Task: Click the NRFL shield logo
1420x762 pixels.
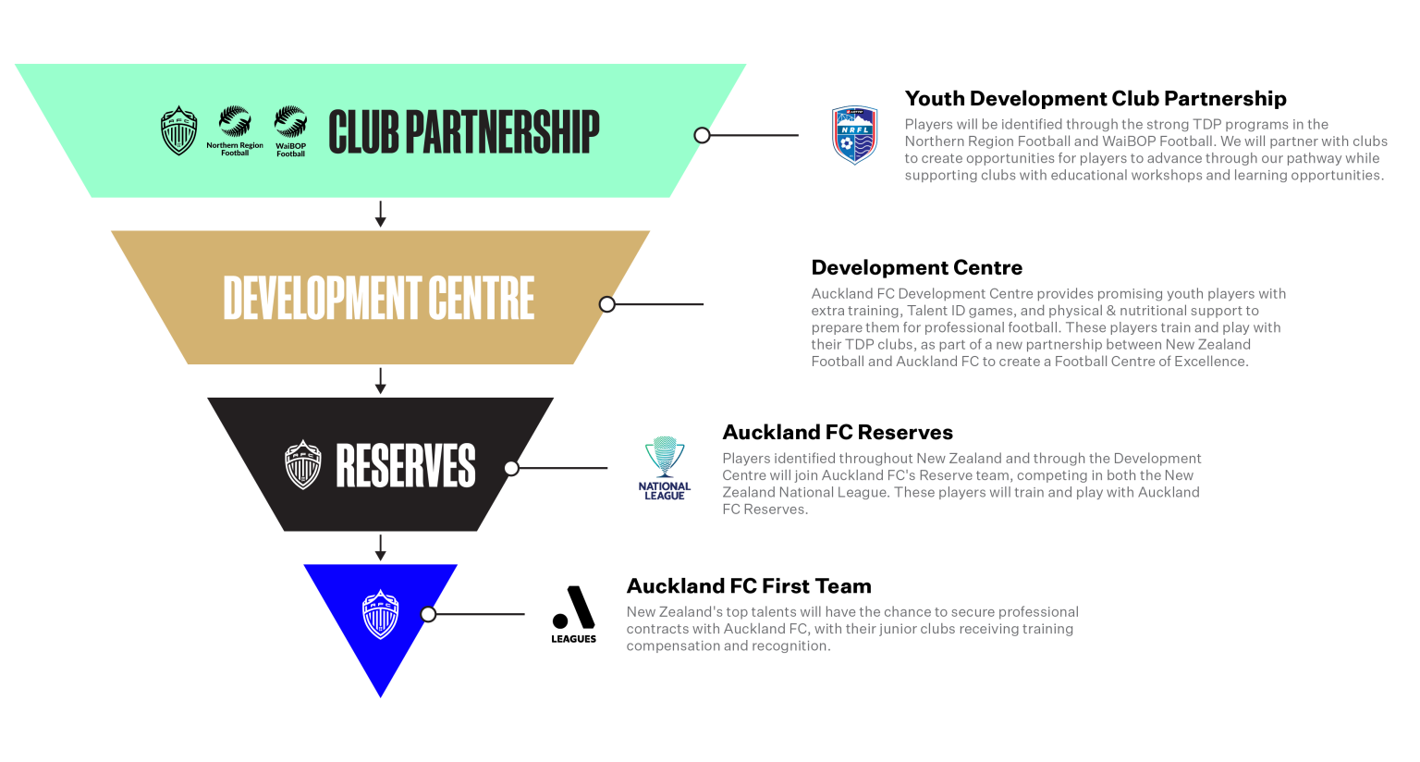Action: coord(854,135)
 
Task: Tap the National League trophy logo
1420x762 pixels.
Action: coord(665,468)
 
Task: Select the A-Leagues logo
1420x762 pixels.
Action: coord(574,614)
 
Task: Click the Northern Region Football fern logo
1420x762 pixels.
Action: coord(235,129)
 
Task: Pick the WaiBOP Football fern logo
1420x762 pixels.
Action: coord(290,130)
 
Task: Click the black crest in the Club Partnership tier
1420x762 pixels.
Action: coord(178,130)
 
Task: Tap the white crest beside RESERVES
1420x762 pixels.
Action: coord(303,464)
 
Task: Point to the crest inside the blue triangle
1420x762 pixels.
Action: coord(380,614)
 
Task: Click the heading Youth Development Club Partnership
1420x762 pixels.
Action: coord(1096,99)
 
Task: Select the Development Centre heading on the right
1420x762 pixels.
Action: coord(916,268)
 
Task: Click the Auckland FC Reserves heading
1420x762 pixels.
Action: coord(837,433)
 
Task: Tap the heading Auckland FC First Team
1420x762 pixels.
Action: coord(749,586)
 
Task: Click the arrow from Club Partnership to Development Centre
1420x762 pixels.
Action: coord(380,214)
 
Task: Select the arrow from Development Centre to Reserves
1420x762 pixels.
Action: coord(380,381)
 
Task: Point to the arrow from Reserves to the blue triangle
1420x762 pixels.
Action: coord(380,547)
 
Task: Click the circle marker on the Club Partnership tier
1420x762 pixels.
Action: coord(703,135)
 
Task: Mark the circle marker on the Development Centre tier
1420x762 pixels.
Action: coord(607,304)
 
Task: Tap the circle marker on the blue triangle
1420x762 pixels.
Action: coord(428,614)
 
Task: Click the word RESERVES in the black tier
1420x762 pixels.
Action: coord(405,465)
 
